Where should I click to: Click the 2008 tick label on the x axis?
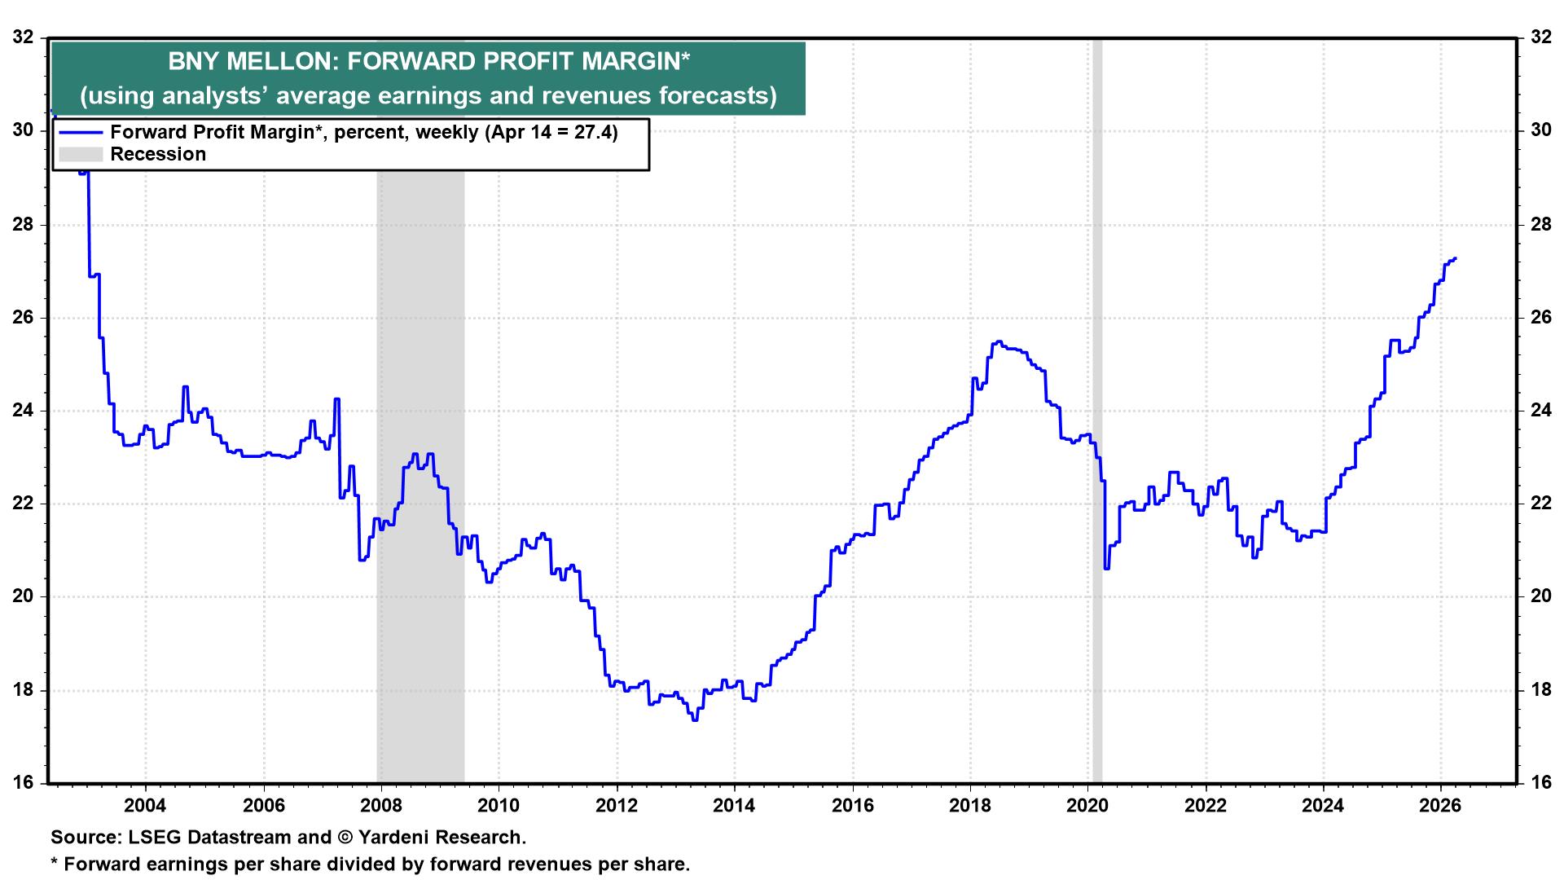(x=380, y=807)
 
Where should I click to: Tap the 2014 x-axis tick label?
(x=734, y=807)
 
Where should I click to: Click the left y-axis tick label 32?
(x=24, y=37)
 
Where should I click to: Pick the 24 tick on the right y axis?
(x=1540, y=411)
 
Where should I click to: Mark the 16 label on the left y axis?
(x=24, y=783)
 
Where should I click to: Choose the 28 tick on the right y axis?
(x=1540, y=224)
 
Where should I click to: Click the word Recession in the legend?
(x=158, y=155)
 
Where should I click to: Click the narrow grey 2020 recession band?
(x=1097, y=407)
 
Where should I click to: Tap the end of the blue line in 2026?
(x=1455, y=259)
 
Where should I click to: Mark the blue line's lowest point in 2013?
(x=694, y=719)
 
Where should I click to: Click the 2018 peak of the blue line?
(x=998, y=342)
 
